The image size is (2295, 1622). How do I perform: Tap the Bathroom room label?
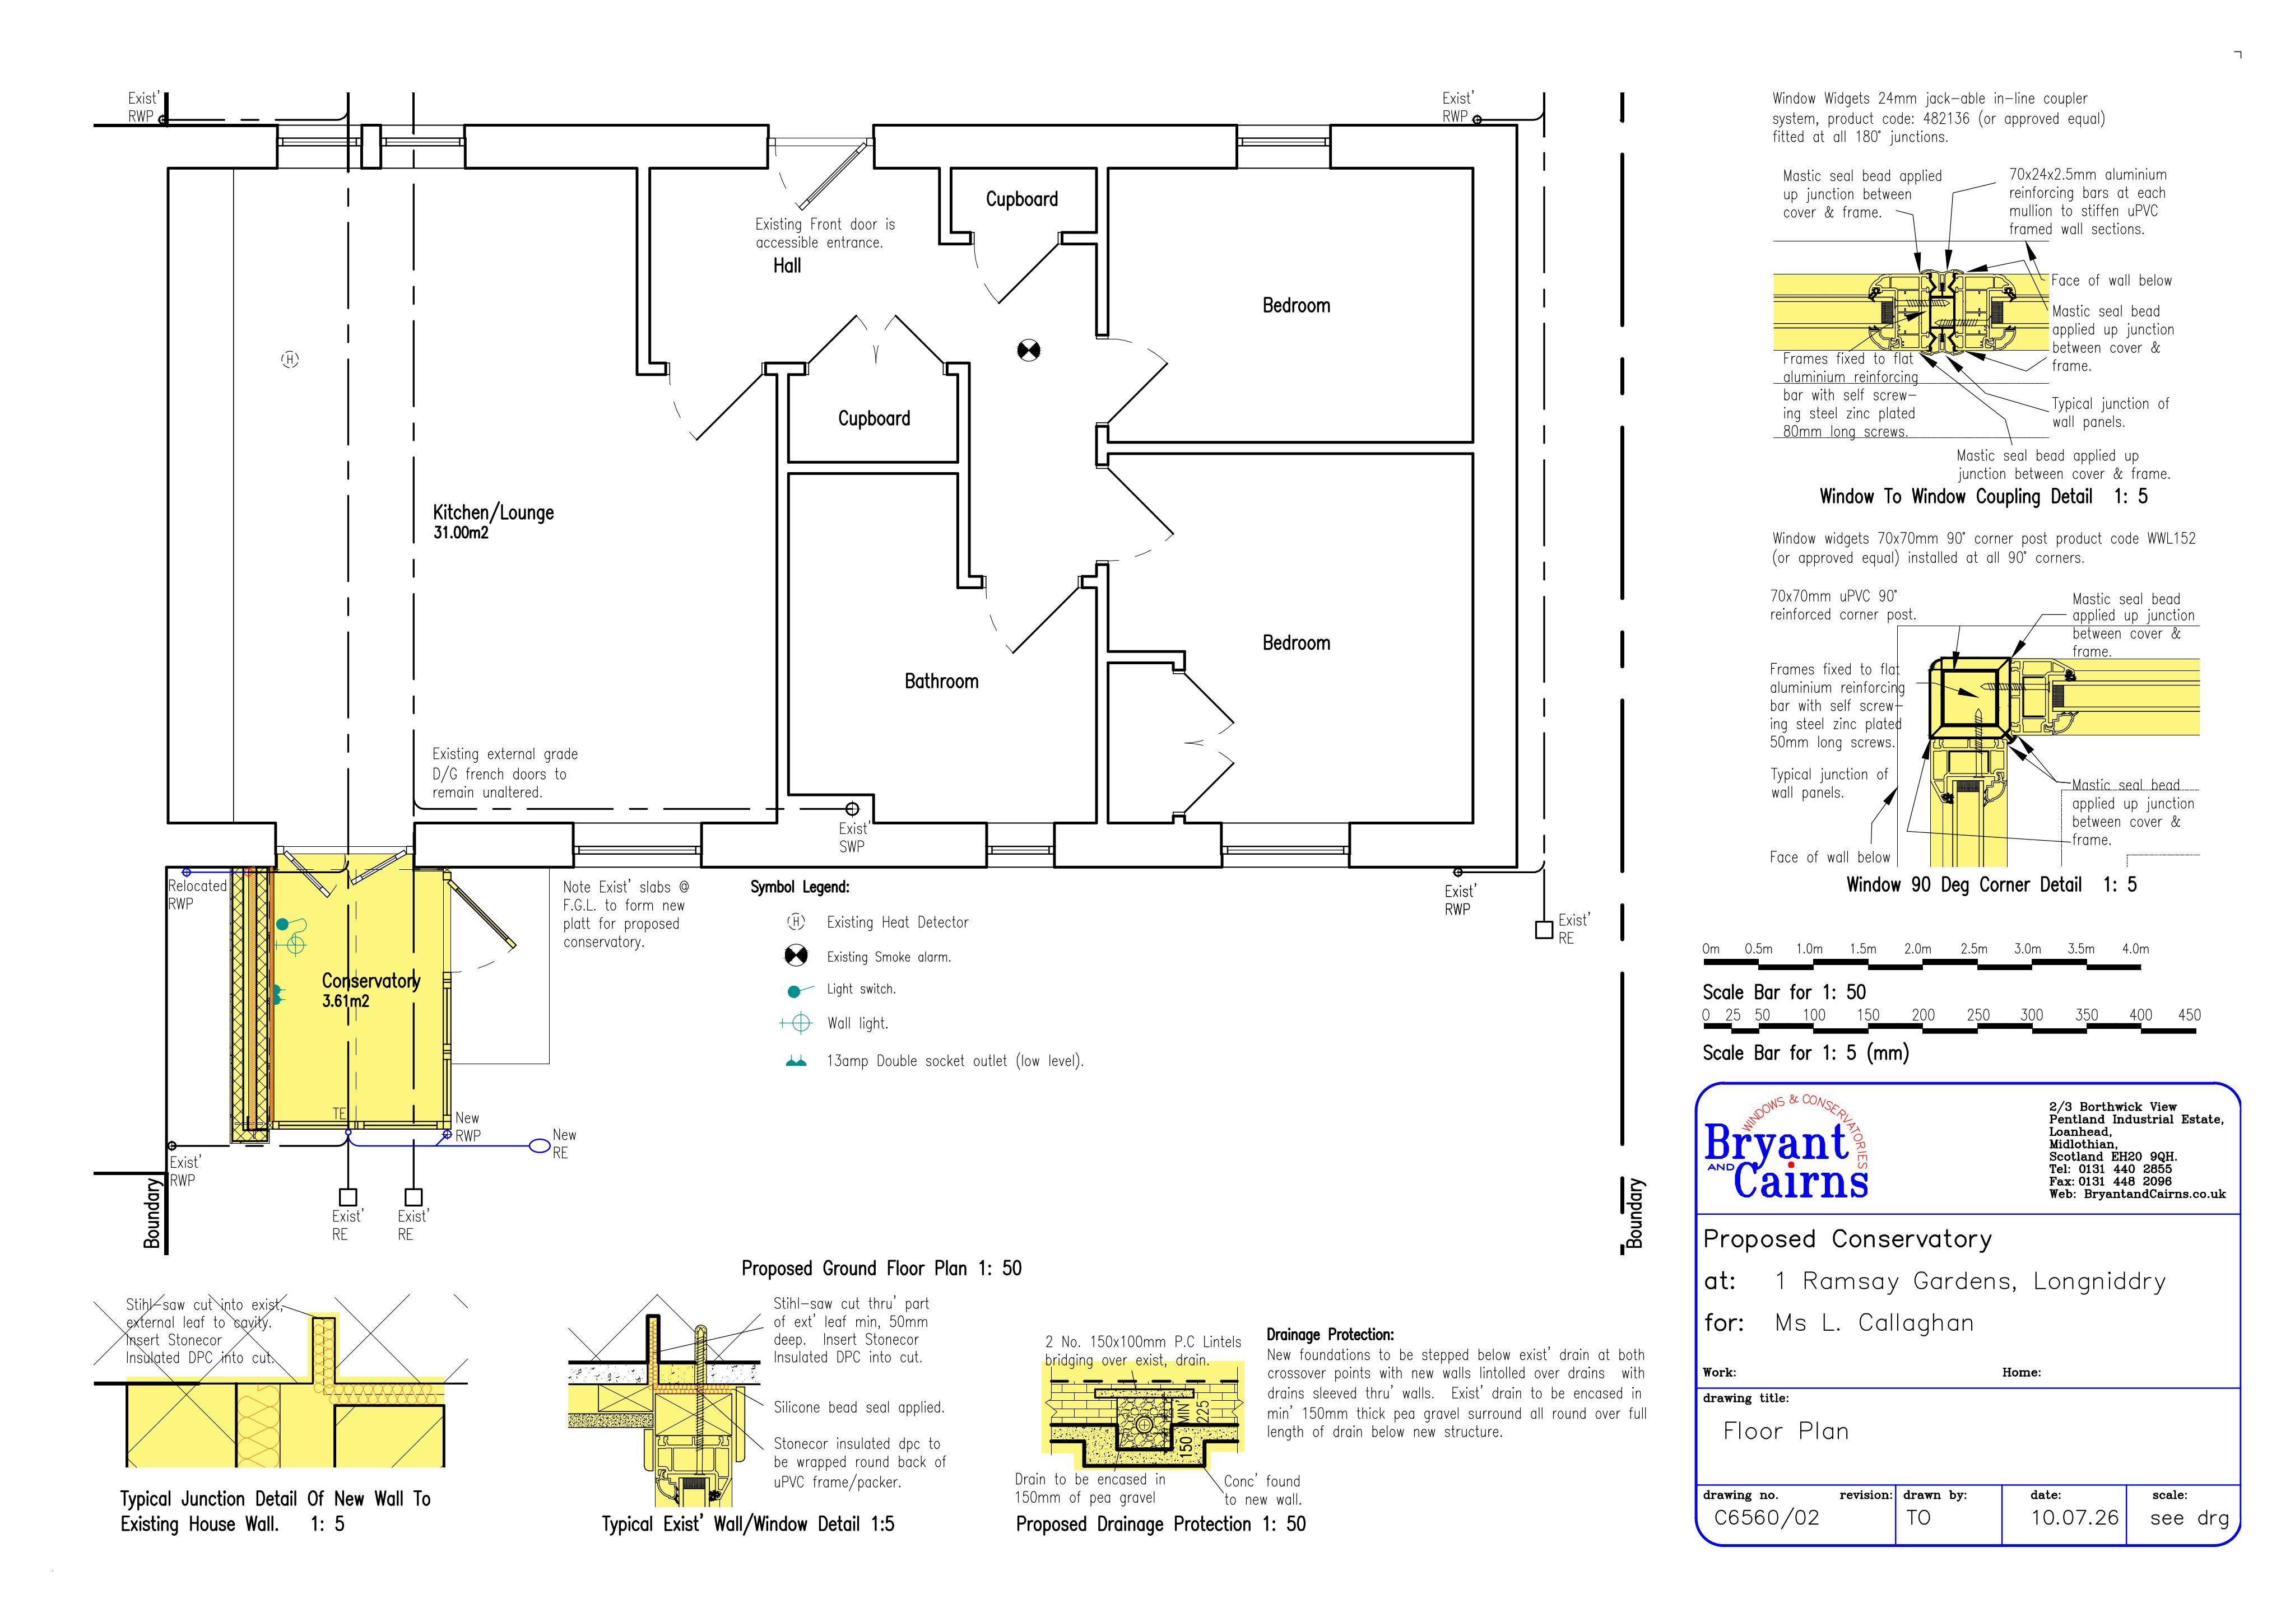pos(942,682)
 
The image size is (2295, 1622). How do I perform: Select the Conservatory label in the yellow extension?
pos(371,981)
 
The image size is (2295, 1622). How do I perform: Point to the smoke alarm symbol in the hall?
pos(1029,350)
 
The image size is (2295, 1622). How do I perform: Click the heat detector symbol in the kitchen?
pos(290,359)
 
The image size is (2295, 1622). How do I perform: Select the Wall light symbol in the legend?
pos(797,1022)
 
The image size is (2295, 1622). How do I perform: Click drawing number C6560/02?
pos(1766,1518)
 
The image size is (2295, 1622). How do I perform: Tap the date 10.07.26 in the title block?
pos(2074,1518)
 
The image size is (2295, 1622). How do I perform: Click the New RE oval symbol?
pos(540,1145)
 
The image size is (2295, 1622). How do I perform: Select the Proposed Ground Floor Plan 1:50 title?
pos(881,1268)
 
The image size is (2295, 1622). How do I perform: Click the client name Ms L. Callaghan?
pos(1874,1323)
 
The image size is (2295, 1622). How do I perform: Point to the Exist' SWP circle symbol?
pos(853,809)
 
